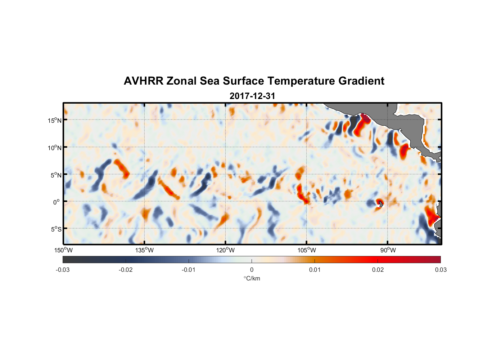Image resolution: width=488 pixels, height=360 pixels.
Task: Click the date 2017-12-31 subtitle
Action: pyautogui.click(x=252, y=96)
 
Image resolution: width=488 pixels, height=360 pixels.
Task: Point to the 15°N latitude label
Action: pyautogui.click(x=55, y=120)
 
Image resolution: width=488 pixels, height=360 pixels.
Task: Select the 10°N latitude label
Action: pyautogui.click(x=55, y=148)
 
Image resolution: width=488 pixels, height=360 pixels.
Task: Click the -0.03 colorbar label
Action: pyautogui.click(x=63, y=270)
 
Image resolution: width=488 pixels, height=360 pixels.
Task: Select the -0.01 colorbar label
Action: pyautogui.click(x=189, y=270)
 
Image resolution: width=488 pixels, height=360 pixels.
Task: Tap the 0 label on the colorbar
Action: pyautogui.click(x=252, y=270)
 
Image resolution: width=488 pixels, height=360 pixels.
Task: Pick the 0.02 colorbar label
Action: pyautogui.click(x=378, y=270)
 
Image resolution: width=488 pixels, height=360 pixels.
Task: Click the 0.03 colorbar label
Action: pyautogui.click(x=440, y=270)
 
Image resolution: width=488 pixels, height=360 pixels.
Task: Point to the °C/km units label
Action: pyautogui.click(x=252, y=279)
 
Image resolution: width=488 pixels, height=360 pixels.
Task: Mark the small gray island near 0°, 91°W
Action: pyautogui.click(x=381, y=204)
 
